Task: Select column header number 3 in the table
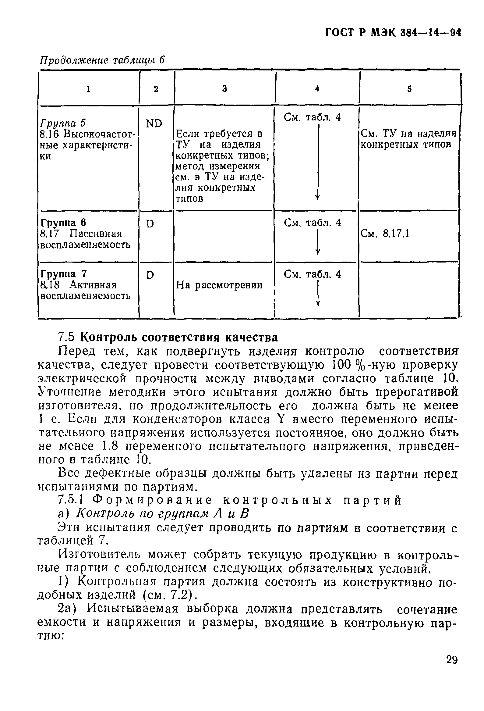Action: coord(224,89)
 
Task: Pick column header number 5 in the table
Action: coord(409,89)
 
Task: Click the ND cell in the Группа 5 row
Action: coord(154,123)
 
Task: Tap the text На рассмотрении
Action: coord(219,285)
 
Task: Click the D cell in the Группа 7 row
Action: coord(150,275)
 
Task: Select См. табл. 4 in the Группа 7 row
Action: coord(312,274)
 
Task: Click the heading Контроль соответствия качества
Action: coord(179,338)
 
